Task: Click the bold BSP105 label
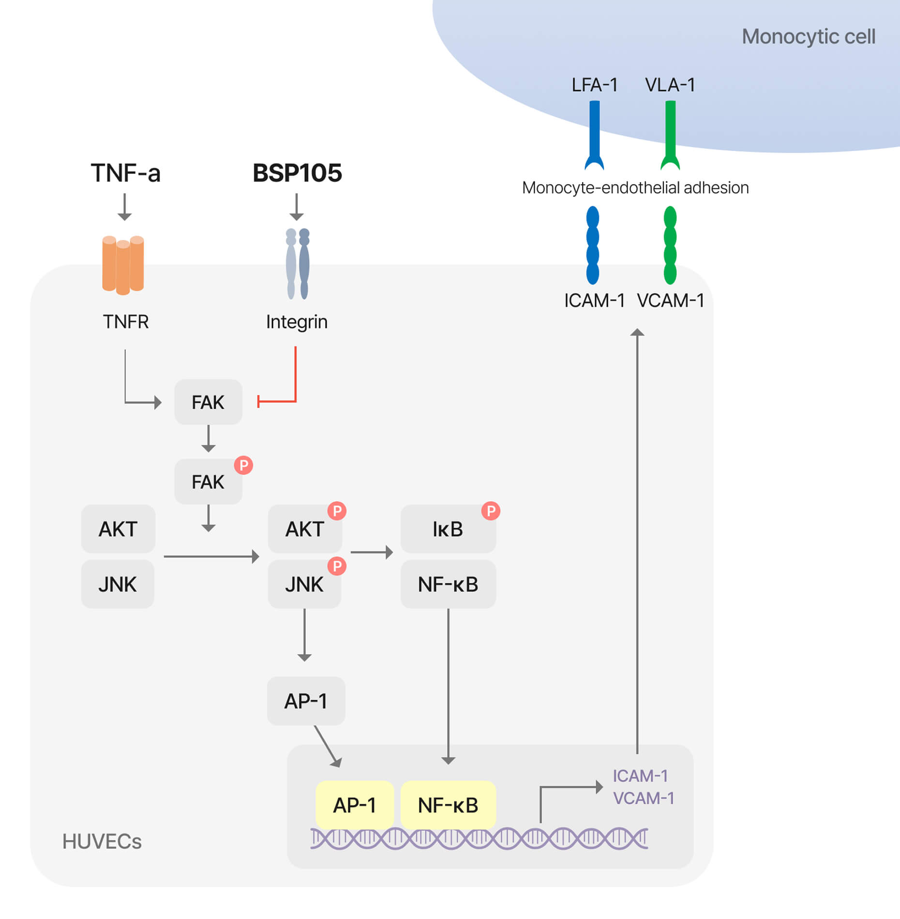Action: coord(297,173)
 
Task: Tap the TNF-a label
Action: coord(125,173)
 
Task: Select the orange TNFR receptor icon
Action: coord(123,265)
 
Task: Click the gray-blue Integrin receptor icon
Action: coord(298,264)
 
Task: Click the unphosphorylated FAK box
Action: coord(208,402)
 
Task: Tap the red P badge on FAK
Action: coord(243,465)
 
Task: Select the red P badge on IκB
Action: coord(491,511)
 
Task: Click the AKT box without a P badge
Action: coord(118,529)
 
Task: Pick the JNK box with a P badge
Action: coord(304,585)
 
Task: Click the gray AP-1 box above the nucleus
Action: coord(306,701)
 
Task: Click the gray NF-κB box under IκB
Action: coord(448,585)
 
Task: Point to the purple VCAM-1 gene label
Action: coord(644,798)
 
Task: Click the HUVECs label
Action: coord(102,842)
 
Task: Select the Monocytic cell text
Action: coord(809,37)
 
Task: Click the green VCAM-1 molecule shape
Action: coord(670,245)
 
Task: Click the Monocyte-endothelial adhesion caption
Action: coord(635,188)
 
